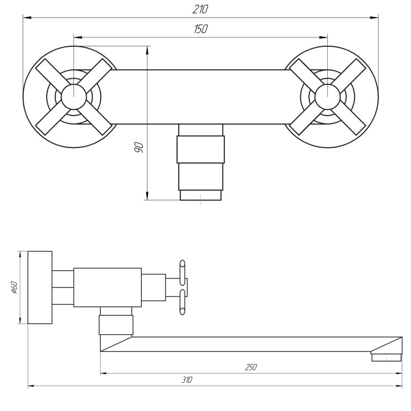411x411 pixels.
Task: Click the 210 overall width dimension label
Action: [x=201, y=10]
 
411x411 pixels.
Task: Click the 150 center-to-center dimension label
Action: [x=201, y=29]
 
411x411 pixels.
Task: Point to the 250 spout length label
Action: [x=251, y=367]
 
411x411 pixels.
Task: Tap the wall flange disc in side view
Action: [x=40, y=288]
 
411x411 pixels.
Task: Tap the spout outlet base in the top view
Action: [x=200, y=195]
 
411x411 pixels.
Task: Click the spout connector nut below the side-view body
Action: [x=116, y=325]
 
